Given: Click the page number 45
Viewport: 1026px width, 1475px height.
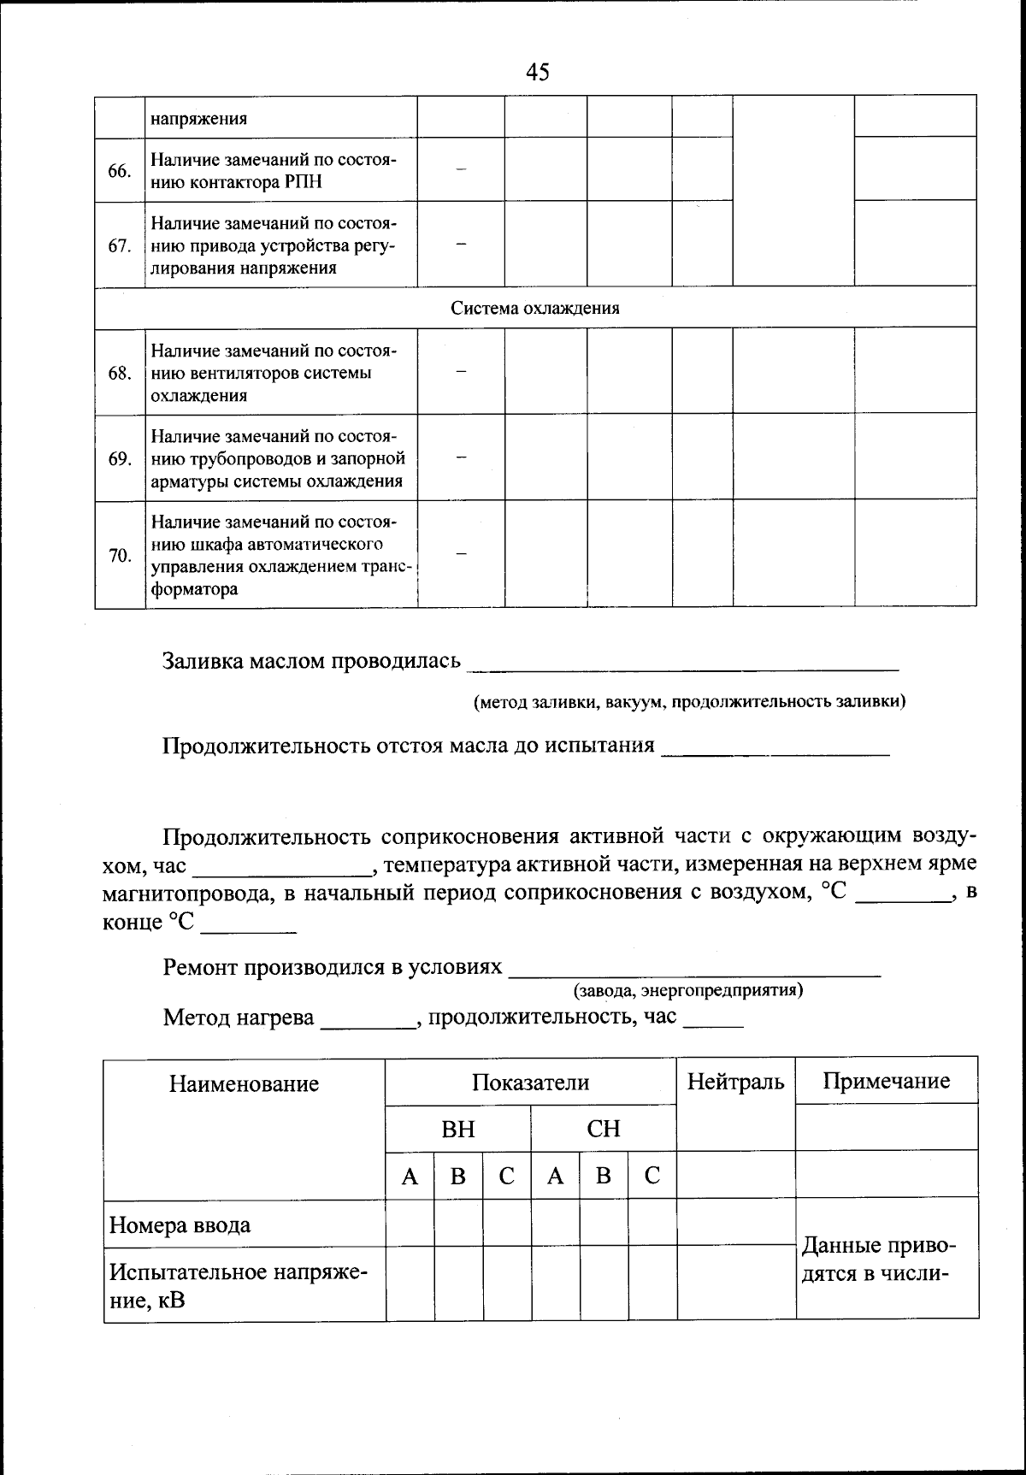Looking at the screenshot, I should click(x=537, y=73).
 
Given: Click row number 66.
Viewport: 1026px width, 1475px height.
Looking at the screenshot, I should click(x=119, y=171).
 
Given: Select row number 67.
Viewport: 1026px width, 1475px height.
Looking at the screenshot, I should click(x=119, y=246).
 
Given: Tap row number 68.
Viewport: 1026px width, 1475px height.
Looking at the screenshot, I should click(x=119, y=374).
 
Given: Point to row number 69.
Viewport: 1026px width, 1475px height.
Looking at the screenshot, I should click(x=119, y=459).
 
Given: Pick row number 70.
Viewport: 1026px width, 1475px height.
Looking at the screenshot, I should click(x=119, y=556).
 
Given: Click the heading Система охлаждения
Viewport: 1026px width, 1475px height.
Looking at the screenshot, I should click(x=535, y=308).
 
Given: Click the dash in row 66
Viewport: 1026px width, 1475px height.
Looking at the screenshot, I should click(x=461, y=170).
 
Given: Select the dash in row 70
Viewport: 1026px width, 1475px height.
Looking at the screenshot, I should click(x=461, y=554).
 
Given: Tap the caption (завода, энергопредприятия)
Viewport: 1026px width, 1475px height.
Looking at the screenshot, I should click(x=687, y=990).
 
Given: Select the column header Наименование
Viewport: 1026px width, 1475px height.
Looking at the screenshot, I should click(x=244, y=1084).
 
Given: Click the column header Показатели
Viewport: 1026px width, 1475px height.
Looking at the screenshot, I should click(x=530, y=1083).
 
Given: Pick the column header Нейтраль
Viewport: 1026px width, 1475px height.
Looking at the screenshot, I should click(x=735, y=1082).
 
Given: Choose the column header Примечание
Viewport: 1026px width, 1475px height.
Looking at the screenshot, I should click(x=886, y=1081).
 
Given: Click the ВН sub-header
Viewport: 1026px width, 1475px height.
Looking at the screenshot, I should click(x=457, y=1130).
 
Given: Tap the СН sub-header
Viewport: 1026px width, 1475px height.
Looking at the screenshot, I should click(x=603, y=1130).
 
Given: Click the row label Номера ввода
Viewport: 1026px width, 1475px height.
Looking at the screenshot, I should click(x=180, y=1225).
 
